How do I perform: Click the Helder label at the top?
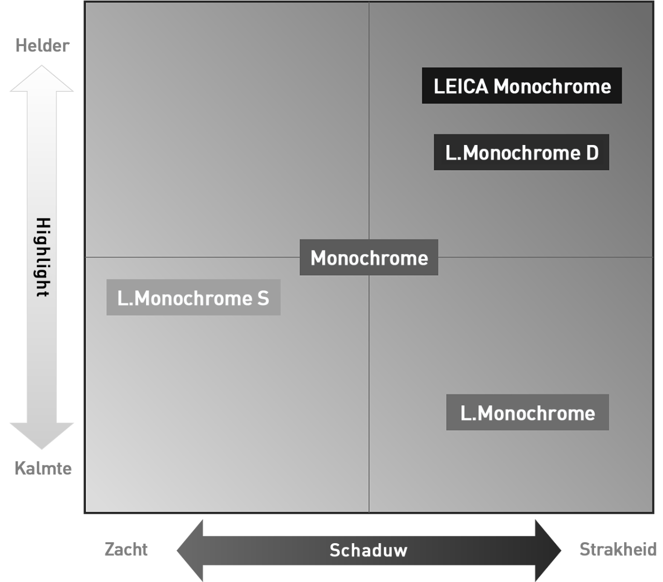[x=42, y=46]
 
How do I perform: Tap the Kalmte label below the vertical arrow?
[x=43, y=469]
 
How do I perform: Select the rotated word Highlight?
[x=42, y=257]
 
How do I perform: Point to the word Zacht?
[x=126, y=549]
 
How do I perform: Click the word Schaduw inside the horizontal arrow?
[x=368, y=550]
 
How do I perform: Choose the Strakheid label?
[x=617, y=549]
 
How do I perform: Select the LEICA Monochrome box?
[x=522, y=86]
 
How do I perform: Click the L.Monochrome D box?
[x=521, y=153]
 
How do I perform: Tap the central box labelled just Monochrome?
[x=369, y=258]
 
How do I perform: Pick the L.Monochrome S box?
[x=193, y=298]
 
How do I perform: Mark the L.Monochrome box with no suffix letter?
[x=527, y=413]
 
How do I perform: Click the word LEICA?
[x=460, y=86]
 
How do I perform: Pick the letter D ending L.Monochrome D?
[x=592, y=153]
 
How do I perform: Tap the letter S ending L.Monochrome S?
[x=263, y=299]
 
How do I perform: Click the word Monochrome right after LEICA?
[x=552, y=86]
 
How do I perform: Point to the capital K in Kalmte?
[x=20, y=469]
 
